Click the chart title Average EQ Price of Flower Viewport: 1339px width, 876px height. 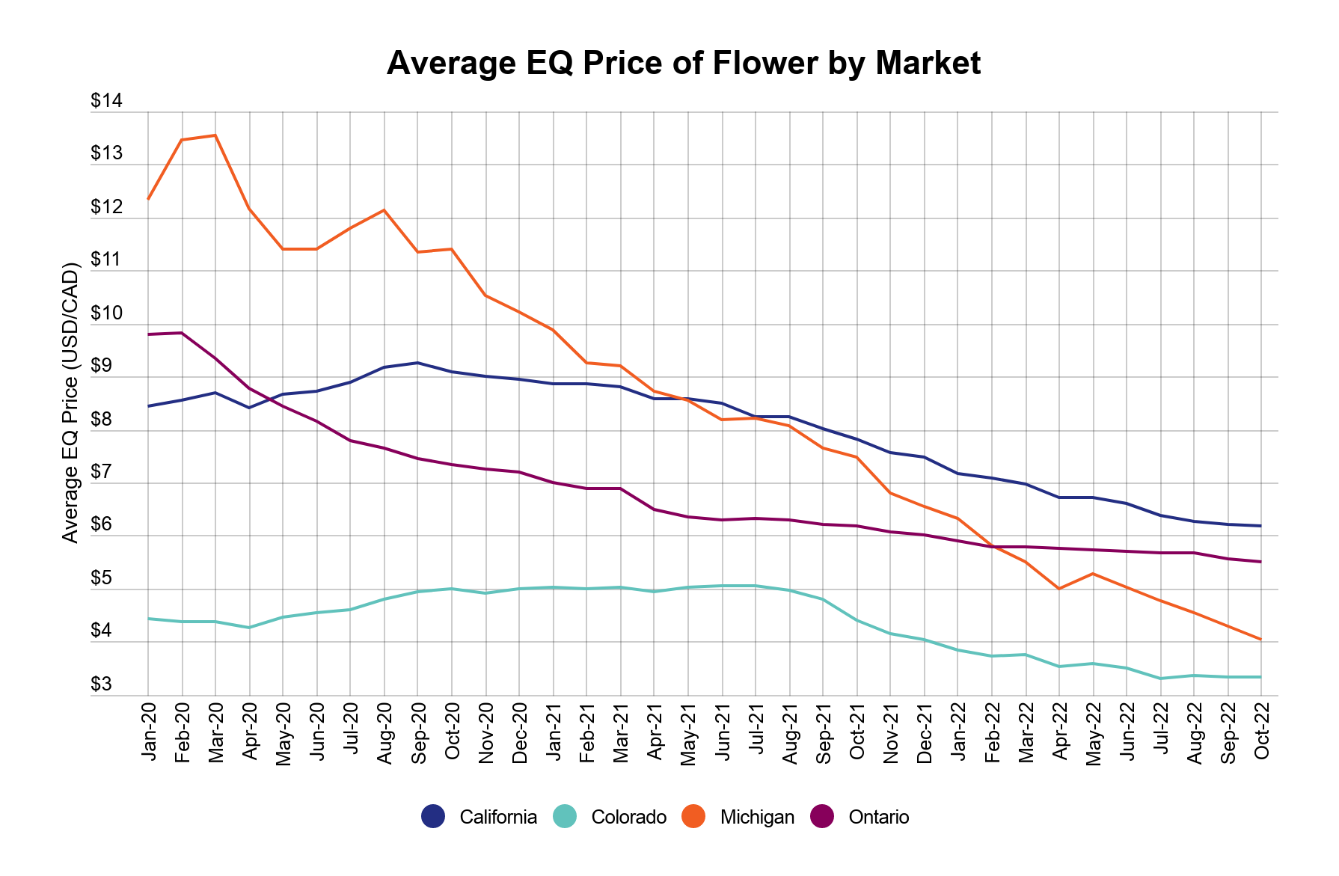(683, 63)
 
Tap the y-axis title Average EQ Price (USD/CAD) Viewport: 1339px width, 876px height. (70, 402)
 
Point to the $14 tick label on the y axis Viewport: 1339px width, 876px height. (106, 101)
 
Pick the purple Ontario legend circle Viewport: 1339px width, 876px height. (822, 816)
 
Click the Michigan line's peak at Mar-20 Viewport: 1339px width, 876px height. (215, 135)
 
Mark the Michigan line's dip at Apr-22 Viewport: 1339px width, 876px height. (1058, 589)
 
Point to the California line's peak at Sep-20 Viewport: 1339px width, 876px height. (417, 363)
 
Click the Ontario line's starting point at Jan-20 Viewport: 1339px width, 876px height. (148, 334)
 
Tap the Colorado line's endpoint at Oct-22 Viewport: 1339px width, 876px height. (1261, 677)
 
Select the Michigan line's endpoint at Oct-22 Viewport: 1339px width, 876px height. (1261, 640)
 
